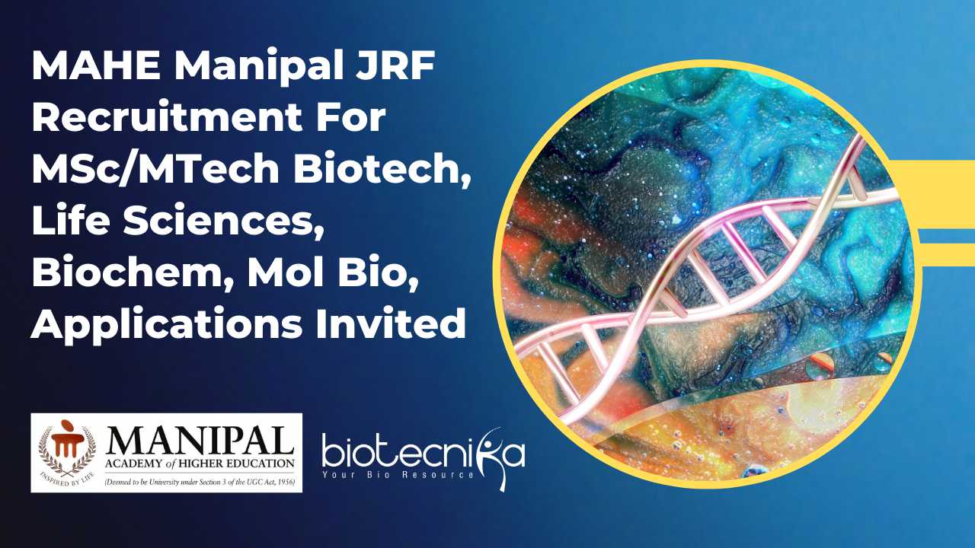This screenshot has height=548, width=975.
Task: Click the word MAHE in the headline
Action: (x=96, y=65)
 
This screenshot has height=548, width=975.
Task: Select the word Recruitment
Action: (x=167, y=116)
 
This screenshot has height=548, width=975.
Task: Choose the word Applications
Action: (x=167, y=324)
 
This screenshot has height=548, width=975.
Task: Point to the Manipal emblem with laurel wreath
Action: (x=67, y=452)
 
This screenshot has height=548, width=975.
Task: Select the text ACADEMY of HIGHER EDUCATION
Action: (x=200, y=464)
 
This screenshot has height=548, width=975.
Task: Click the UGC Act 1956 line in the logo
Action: (x=200, y=482)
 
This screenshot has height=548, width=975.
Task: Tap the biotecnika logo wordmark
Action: (x=423, y=454)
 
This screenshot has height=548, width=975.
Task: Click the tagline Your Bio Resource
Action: (x=398, y=474)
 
